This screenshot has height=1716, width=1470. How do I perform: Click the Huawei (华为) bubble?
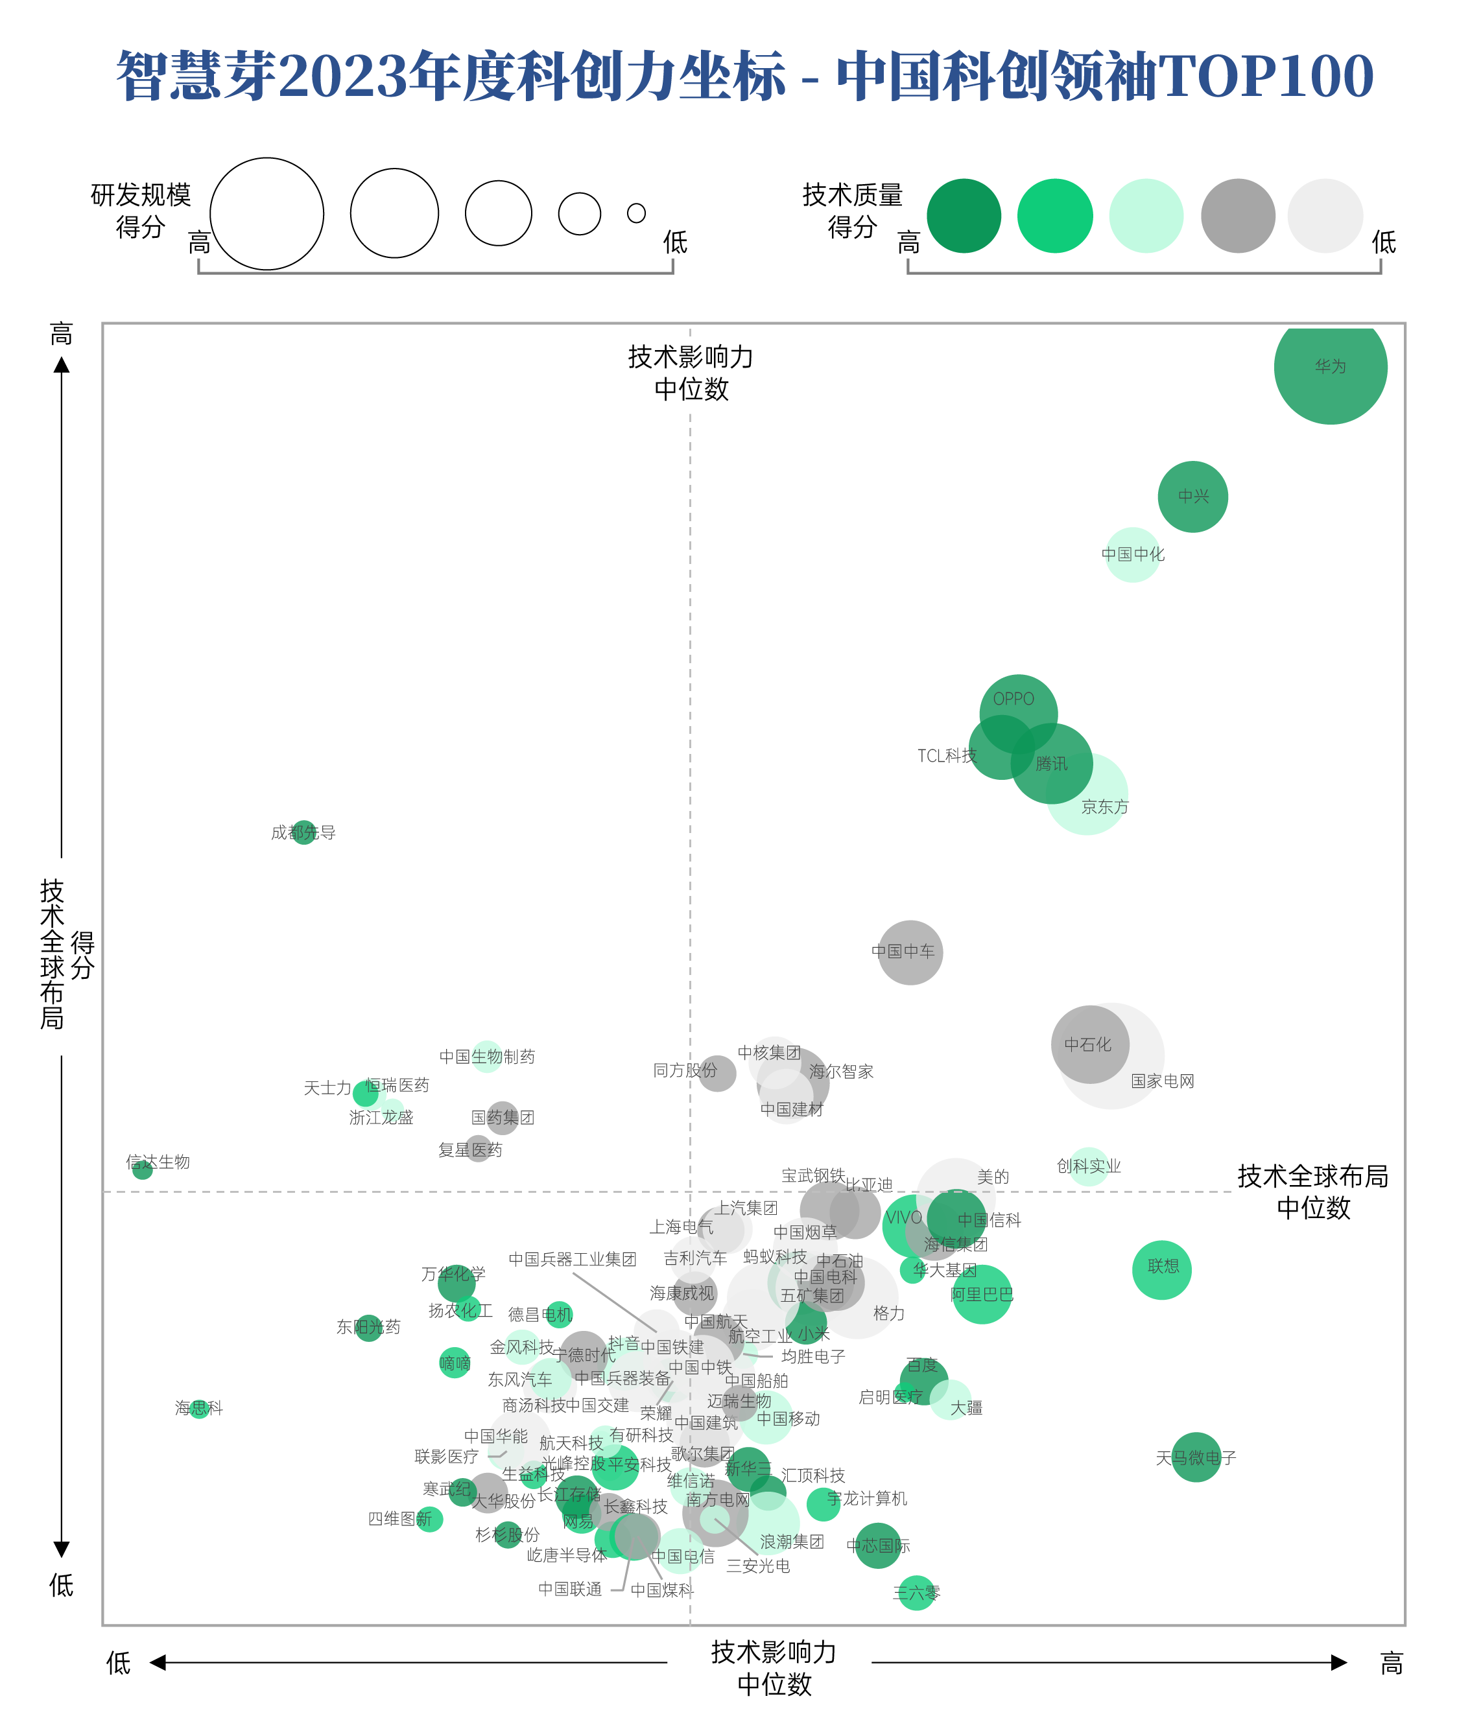click(x=1330, y=368)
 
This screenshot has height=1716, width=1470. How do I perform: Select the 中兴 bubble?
click(x=1192, y=497)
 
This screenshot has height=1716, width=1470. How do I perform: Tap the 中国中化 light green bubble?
click(x=1132, y=555)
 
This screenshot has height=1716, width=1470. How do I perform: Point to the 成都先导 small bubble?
click(x=305, y=832)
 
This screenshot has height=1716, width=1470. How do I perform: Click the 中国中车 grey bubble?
click(x=910, y=952)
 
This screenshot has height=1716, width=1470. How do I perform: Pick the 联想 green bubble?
click(x=1162, y=1269)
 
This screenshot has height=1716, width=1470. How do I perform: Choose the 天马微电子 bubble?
click(x=1196, y=1457)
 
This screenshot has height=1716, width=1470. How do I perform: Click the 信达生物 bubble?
click(x=143, y=1169)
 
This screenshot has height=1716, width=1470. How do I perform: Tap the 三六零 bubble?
click(x=916, y=1593)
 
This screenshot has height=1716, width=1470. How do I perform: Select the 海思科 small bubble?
click(x=199, y=1408)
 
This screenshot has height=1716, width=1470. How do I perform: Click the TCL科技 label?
click(x=947, y=756)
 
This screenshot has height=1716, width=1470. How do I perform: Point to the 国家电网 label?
click(x=1163, y=1081)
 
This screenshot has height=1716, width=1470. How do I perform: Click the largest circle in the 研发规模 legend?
click(x=267, y=214)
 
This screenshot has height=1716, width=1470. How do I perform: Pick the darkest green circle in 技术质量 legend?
click(x=964, y=216)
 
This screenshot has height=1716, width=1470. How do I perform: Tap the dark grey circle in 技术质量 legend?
click(x=1238, y=216)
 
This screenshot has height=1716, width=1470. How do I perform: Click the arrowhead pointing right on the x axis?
click(x=1338, y=1662)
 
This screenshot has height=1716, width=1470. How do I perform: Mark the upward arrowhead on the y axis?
click(x=62, y=365)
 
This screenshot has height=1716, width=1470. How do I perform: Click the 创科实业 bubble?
click(x=1088, y=1166)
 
